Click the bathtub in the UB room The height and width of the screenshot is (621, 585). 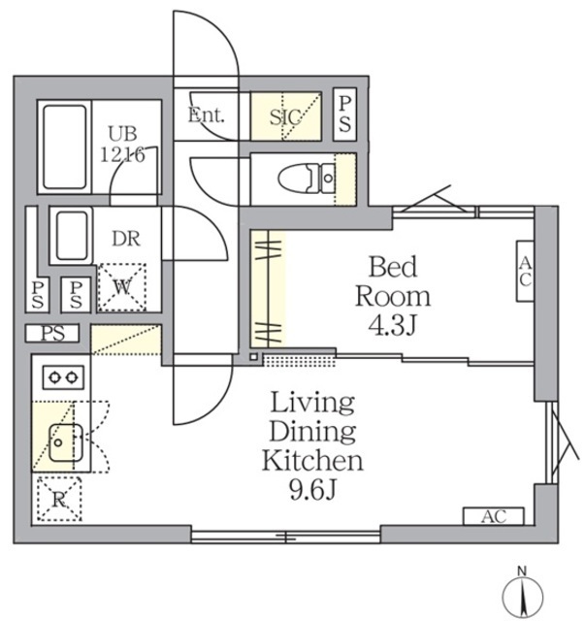[65, 147]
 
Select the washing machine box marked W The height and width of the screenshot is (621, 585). [121, 287]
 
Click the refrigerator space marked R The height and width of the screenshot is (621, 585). [59, 499]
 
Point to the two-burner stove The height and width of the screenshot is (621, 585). [63, 377]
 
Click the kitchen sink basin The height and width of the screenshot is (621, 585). [66, 442]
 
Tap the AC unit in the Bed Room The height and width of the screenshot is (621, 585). [525, 271]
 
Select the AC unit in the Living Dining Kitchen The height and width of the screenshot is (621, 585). [494, 516]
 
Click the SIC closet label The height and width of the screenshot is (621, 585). [285, 116]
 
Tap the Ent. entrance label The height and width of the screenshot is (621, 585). [206, 115]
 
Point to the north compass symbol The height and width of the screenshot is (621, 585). [522, 595]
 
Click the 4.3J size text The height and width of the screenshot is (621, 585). [393, 326]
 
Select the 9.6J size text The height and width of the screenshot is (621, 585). [313, 490]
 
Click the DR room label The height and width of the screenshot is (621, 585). [126, 240]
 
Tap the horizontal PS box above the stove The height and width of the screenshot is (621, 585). [52, 333]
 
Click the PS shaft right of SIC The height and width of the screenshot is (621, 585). [345, 114]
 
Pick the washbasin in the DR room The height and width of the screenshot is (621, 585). [72, 236]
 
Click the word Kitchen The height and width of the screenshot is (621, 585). [312, 461]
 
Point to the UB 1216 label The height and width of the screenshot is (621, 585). [123, 145]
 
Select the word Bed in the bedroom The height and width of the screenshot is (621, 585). [393, 267]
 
